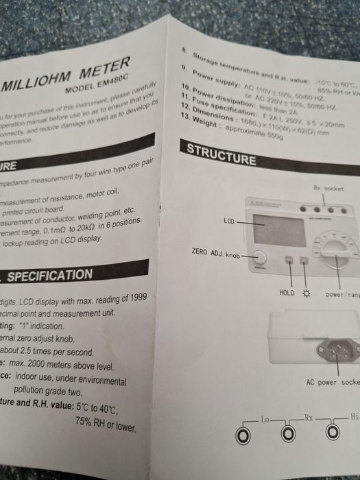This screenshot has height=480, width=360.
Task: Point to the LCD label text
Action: point(230,221)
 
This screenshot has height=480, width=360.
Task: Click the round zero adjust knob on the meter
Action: point(261,257)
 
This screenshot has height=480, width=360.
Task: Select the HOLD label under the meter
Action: point(287,292)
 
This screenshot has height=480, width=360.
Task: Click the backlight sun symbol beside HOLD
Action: point(306,293)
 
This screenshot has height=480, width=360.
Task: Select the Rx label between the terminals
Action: point(309,416)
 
